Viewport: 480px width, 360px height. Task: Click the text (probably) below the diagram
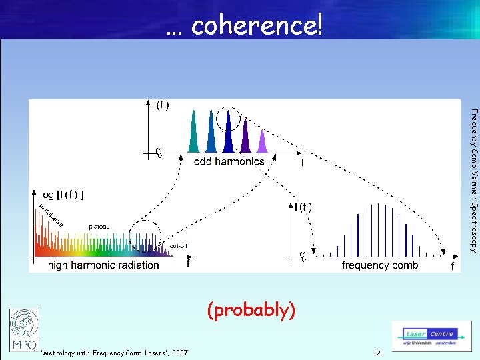tap(251, 310)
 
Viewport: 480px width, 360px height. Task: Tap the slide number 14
tap(377, 353)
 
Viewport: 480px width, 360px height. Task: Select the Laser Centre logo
tap(431, 335)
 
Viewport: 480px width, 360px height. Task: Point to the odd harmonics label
tap(229, 161)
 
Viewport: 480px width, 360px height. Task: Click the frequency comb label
tap(380, 265)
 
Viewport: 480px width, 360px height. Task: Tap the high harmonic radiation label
tap(103, 265)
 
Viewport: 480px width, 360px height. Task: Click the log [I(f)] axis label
tap(61, 195)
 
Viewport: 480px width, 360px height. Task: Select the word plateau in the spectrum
tap(100, 227)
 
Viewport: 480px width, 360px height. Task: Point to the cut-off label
tap(178, 246)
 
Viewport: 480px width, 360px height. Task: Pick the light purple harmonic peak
tap(261, 141)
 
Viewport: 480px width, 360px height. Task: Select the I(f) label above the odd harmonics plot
tap(160, 104)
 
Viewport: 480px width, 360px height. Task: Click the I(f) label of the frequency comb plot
tap(303, 207)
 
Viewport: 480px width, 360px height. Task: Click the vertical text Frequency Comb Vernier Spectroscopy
tap(473, 180)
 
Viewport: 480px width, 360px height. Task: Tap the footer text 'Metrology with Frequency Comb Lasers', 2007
tap(114, 353)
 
